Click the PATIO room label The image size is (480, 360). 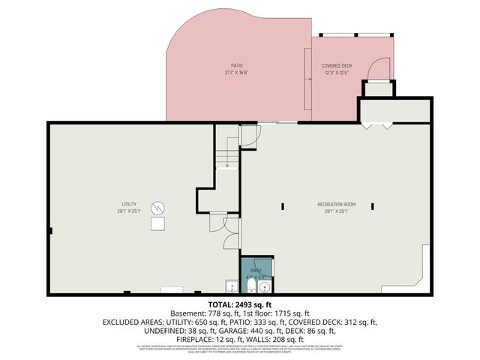[236, 65]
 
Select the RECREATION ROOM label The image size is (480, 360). [335, 204]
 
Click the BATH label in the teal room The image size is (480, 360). [256, 269]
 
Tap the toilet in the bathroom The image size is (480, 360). [250, 287]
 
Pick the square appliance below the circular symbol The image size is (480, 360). [158, 223]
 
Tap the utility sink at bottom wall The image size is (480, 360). [231, 286]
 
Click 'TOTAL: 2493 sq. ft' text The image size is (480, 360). [239, 304]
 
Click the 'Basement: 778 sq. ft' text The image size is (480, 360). [203, 313]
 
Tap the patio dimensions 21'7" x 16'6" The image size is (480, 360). [236, 73]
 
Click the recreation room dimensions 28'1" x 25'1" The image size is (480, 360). [335, 211]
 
